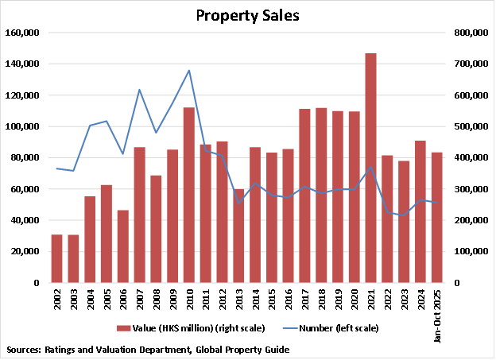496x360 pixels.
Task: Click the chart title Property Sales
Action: pos(248,15)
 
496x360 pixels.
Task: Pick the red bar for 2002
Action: pos(56,258)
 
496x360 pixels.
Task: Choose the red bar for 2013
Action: pos(238,235)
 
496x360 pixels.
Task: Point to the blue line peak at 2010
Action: pos(189,71)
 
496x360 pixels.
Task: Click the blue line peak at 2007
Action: pos(139,90)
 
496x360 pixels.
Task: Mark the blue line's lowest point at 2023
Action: pos(403,215)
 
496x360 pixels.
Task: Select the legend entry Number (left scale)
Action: pos(334,327)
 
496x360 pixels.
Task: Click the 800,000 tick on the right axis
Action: pos(469,33)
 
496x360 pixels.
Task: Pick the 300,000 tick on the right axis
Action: pos(469,189)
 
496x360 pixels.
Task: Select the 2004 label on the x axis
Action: pos(90,300)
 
